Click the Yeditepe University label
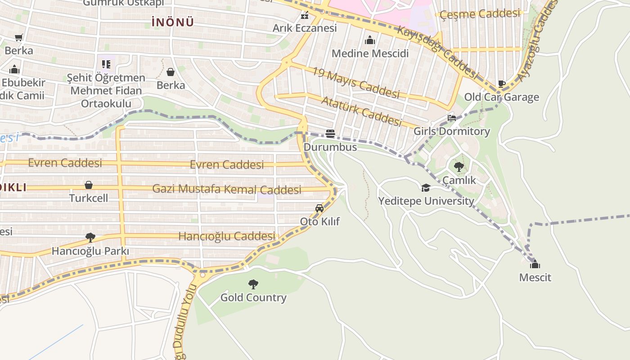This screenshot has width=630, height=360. tap(426, 201)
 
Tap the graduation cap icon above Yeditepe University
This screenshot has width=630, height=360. tap(426, 188)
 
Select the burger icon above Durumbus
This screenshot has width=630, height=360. tap(330, 134)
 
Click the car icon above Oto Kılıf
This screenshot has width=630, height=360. tap(319, 208)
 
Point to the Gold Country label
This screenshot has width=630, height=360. tap(253, 297)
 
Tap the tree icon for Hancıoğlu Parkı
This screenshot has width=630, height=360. tap(90, 237)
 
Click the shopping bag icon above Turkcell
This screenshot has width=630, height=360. tap(89, 185)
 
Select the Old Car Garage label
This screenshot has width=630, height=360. tap(501, 97)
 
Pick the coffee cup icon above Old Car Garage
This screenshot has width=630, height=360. tap(502, 84)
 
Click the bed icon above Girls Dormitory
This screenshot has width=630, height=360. tap(452, 118)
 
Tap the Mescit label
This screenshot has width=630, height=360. tap(535, 277)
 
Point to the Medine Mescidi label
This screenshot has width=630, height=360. tap(370, 54)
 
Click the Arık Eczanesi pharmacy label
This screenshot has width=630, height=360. tap(305, 28)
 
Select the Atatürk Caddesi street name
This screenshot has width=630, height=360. tap(361, 111)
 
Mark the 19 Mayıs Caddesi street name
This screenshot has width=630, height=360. tap(356, 83)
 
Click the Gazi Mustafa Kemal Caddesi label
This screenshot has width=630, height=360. tap(227, 189)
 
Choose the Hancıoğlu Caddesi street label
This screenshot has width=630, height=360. tap(227, 236)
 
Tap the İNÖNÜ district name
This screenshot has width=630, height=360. tap(173, 22)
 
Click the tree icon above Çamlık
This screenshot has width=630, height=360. tap(459, 167)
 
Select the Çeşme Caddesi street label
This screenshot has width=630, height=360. tap(480, 14)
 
